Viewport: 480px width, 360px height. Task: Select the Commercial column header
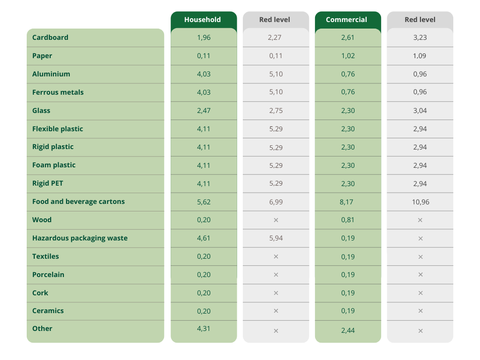click(x=346, y=20)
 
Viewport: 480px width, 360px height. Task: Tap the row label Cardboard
click(x=50, y=37)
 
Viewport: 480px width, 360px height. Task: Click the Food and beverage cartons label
click(x=78, y=202)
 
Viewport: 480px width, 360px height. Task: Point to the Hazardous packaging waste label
click(x=80, y=238)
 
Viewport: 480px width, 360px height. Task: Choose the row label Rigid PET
click(x=47, y=183)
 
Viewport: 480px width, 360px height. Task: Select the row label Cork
click(x=40, y=293)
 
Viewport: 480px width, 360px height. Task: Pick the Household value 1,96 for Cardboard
click(x=204, y=37)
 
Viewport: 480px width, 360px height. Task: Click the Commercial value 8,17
click(x=348, y=202)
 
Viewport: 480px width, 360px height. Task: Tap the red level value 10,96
click(x=420, y=202)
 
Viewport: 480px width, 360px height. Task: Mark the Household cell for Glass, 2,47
click(x=204, y=111)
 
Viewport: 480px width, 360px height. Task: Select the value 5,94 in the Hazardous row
click(x=276, y=238)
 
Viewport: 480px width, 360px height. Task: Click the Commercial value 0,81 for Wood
click(x=348, y=220)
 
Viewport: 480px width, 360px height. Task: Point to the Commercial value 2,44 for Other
click(x=348, y=330)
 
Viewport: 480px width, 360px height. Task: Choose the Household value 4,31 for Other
click(x=204, y=329)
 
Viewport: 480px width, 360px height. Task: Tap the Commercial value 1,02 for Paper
click(x=348, y=56)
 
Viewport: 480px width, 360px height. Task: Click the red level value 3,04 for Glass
click(x=420, y=111)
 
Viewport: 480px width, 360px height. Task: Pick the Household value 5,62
click(x=204, y=202)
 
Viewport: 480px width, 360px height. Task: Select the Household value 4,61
click(x=204, y=238)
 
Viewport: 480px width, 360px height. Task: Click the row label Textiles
click(x=45, y=256)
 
